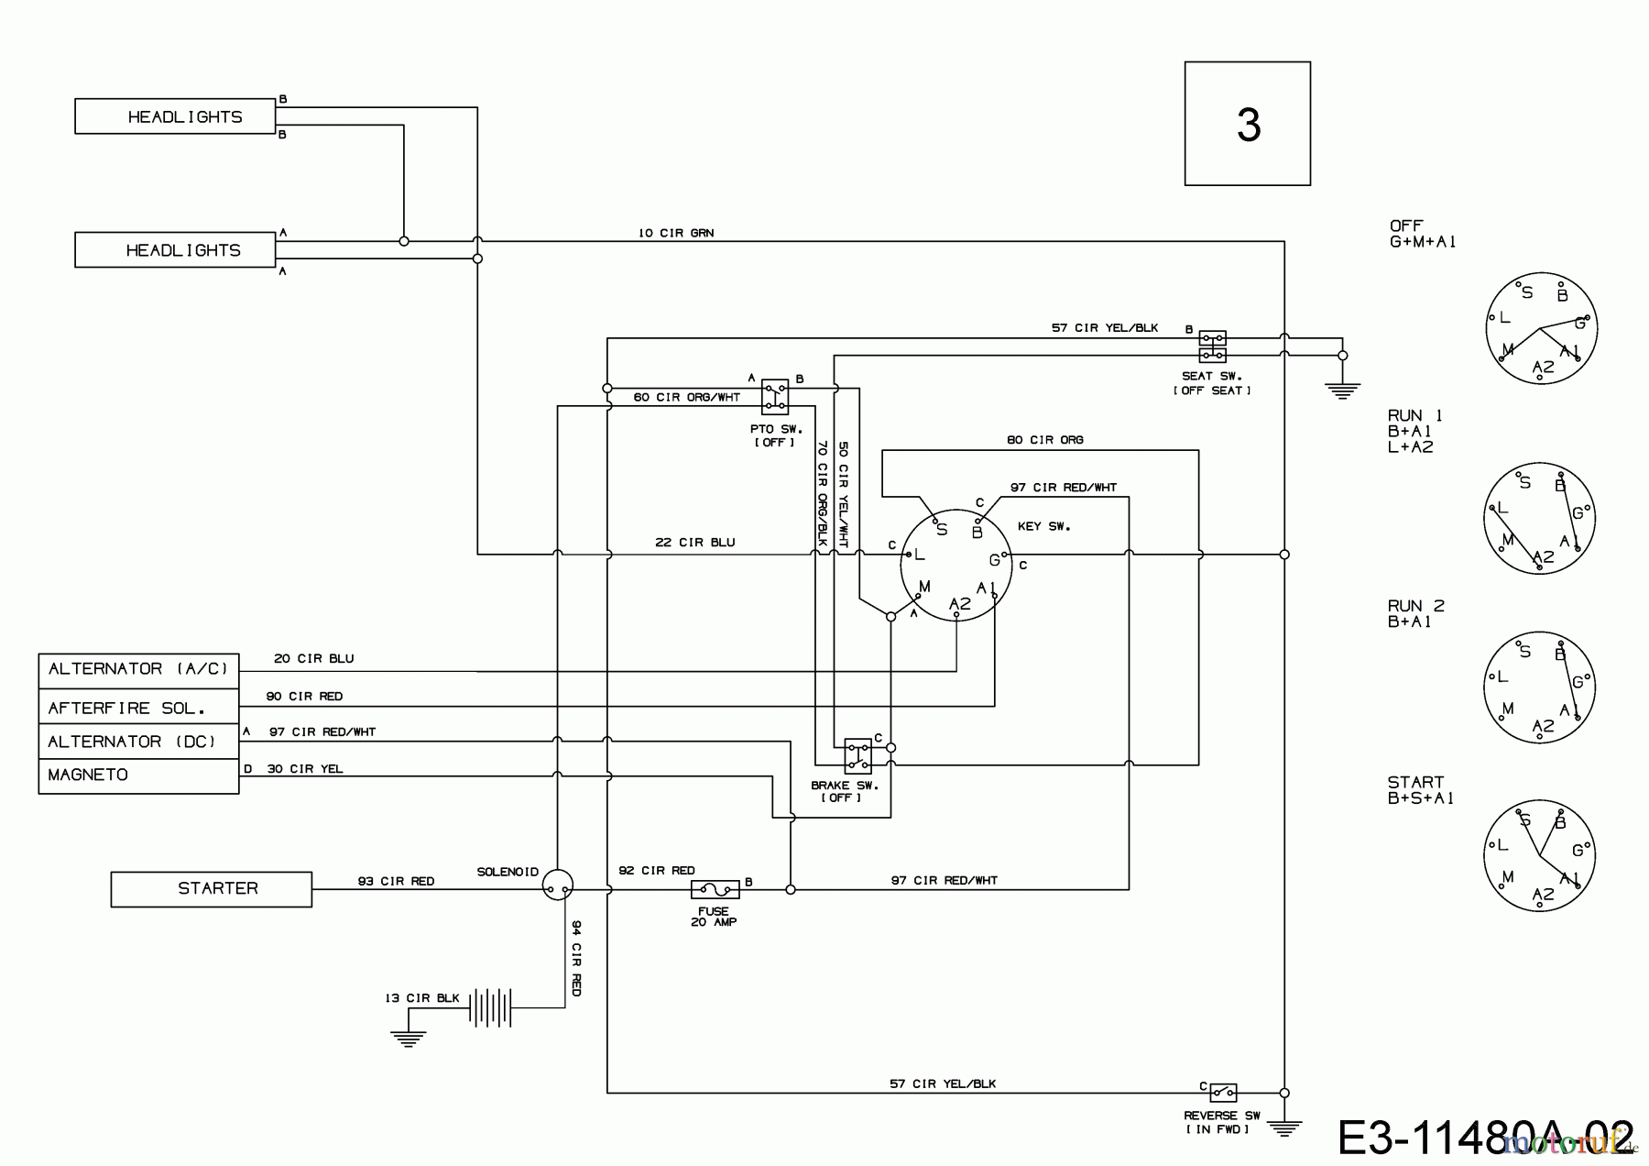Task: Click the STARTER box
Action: (x=211, y=889)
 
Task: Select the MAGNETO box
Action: (x=138, y=775)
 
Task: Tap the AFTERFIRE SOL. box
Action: (x=138, y=708)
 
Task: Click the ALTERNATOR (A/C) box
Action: (x=138, y=670)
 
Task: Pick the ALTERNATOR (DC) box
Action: (x=138, y=742)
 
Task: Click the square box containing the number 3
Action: (x=1247, y=124)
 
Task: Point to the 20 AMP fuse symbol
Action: (x=715, y=889)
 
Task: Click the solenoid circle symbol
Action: (x=557, y=885)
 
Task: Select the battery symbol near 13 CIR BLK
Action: (x=489, y=1007)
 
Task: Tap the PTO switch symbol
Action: (x=775, y=396)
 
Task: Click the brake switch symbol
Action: (x=857, y=755)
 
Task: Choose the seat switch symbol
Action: (x=1212, y=346)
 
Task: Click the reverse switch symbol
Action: (x=1223, y=1093)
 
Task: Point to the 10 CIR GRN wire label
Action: (x=676, y=233)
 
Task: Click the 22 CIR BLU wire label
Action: (x=694, y=543)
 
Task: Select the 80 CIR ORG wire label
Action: (x=1044, y=440)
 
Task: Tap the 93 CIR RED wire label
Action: (x=396, y=881)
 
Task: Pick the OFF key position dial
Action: (x=1541, y=327)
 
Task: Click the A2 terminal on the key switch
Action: (x=958, y=604)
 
